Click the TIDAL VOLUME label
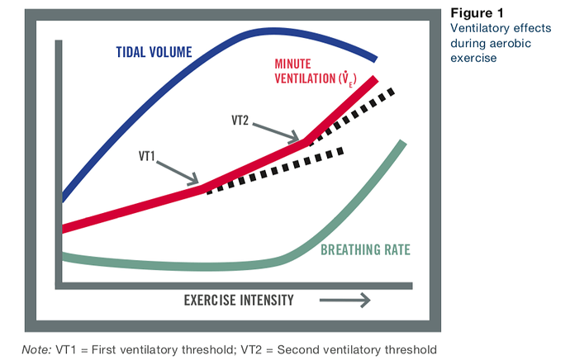pos(153,52)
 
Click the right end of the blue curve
pos(376,59)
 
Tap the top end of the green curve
pos(403,144)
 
